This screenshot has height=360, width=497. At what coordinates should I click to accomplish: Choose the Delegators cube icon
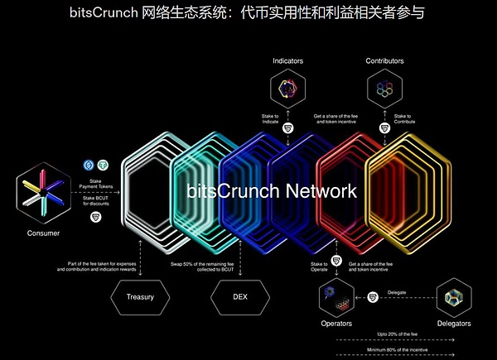tap(452, 296)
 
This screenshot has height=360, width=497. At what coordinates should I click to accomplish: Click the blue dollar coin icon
tap(89, 165)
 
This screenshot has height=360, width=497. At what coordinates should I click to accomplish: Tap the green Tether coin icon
tap(103, 165)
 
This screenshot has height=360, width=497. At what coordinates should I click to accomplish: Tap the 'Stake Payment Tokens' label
tap(97, 185)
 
